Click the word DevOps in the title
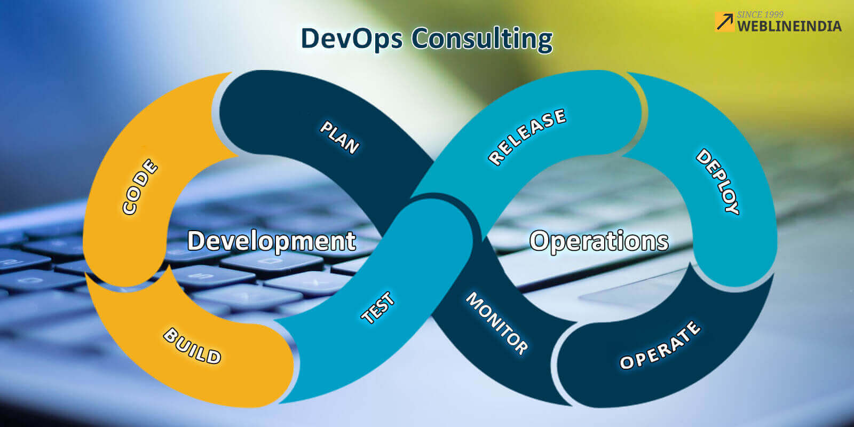(351, 39)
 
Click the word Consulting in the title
(482, 39)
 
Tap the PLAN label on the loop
(339, 137)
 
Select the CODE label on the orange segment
(140, 186)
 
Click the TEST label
(378, 307)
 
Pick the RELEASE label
(527, 136)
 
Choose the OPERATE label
(660, 345)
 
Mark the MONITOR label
(497, 323)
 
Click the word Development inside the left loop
(272, 241)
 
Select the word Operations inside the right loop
(599, 241)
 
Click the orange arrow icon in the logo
(724, 22)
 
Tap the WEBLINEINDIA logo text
(789, 26)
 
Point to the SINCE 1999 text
(760, 14)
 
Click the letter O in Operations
(539, 241)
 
